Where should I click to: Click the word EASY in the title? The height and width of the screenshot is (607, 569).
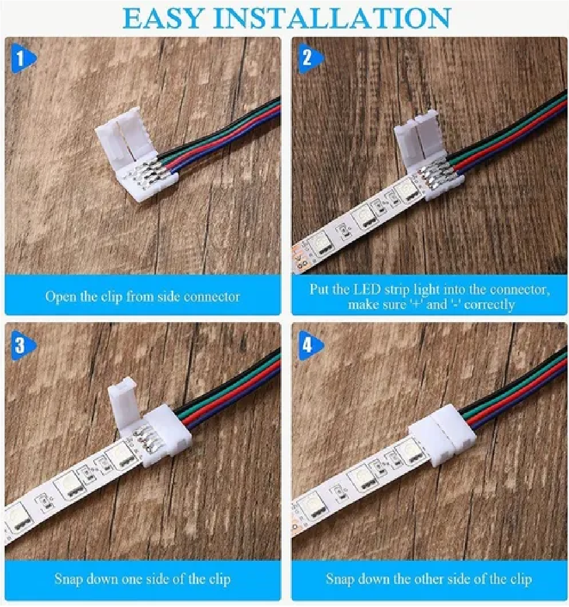point(162,18)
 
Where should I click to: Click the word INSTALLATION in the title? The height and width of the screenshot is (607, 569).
point(332,18)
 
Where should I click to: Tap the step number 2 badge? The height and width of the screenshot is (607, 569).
point(308,58)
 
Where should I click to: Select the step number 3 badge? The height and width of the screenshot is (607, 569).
point(21,345)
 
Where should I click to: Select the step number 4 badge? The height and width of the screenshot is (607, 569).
point(308,345)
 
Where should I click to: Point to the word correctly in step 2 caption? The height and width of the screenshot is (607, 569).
point(489,304)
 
